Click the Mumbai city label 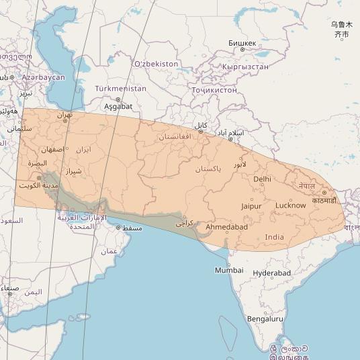[x=229, y=270]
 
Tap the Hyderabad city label [x=271, y=273]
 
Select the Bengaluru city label [x=265, y=319]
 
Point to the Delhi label [x=262, y=179]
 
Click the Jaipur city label [x=251, y=206]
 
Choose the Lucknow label [x=290, y=205]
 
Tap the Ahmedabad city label [x=226, y=227]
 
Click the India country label [x=274, y=237]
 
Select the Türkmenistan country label [x=120, y=89]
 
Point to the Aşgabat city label [x=118, y=107]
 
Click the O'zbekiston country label [x=156, y=64]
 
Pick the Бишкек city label [x=242, y=43]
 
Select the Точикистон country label [x=214, y=90]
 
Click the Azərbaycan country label [x=43, y=78]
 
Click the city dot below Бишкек [x=242, y=50]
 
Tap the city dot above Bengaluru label [x=267, y=312]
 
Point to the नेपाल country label [x=307, y=185]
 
